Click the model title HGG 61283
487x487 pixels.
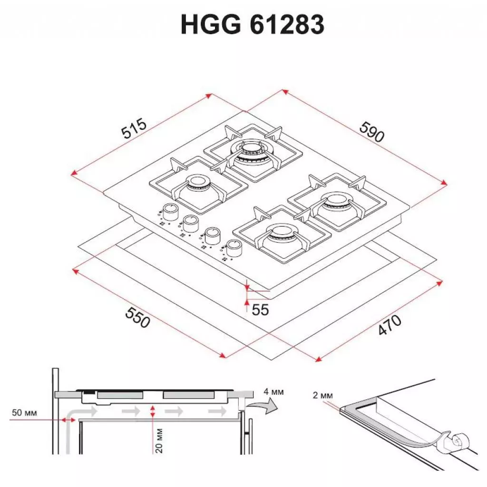(x=252, y=25)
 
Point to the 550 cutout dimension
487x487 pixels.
(x=137, y=316)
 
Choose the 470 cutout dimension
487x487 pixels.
(x=390, y=326)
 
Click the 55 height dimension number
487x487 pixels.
(x=260, y=310)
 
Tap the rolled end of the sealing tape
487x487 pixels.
(x=458, y=441)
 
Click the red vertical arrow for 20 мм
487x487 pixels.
(x=152, y=412)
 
